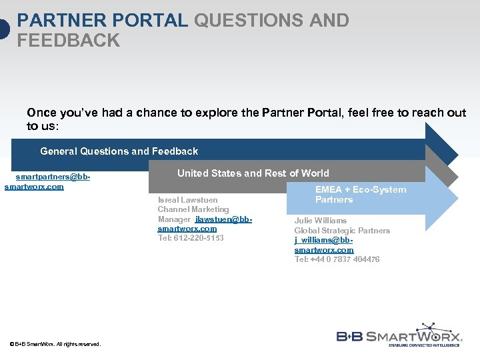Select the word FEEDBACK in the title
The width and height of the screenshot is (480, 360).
(x=69, y=41)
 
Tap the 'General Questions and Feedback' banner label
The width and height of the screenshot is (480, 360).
(x=119, y=151)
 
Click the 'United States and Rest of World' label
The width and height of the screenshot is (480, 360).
(x=253, y=173)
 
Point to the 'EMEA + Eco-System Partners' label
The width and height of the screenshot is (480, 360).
(x=360, y=195)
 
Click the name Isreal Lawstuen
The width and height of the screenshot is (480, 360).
(x=187, y=200)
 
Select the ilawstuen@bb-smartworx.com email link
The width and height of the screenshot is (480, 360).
(x=213, y=224)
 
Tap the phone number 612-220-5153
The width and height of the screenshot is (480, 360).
(x=198, y=238)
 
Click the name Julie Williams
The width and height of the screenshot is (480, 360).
(x=321, y=221)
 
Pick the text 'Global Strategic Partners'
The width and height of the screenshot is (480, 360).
(x=342, y=231)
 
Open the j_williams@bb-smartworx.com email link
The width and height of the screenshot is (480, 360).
(x=324, y=245)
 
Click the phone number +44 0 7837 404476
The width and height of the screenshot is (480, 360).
(x=337, y=259)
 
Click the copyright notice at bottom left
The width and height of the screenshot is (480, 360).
(x=55, y=344)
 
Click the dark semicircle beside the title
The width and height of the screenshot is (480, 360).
(x=4, y=30)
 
